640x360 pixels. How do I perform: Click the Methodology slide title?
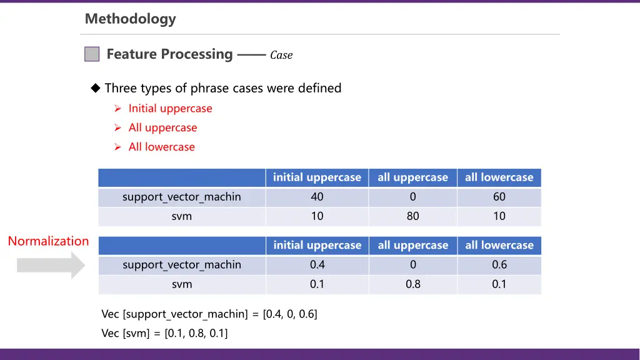click(x=130, y=19)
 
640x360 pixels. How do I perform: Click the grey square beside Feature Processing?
click(x=92, y=54)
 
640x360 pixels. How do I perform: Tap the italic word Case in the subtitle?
click(x=281, y=55)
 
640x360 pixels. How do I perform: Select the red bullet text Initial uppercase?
click(x=170, y=108)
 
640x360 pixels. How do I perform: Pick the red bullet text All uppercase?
click(x=162, y=127)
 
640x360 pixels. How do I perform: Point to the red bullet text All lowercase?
click(x=161, y=147)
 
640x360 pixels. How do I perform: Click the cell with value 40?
click(x=317, y=197)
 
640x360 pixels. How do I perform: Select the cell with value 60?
click(x=499, y=197)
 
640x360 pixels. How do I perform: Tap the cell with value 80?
click(x=412, y=216)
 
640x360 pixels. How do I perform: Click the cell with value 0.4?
click(x=317, y=264)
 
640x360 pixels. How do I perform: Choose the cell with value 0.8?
click(x=412, y=284)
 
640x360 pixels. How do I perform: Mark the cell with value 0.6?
click(x=499, y=264)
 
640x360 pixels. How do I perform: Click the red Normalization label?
click(x=48, y=241)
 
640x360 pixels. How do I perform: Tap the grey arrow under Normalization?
click(x=50, y=265)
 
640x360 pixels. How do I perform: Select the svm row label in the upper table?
click(x=182, y=216)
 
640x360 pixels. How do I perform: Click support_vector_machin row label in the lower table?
click(x=182, y=265)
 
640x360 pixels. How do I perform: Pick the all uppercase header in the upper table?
click(x=412, y=177)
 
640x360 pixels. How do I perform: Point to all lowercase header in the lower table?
click(x=499, y=246)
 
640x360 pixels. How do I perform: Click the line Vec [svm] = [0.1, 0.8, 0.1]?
click(x=164, y=333)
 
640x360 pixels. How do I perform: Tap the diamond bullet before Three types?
click(x=96, y=88)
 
